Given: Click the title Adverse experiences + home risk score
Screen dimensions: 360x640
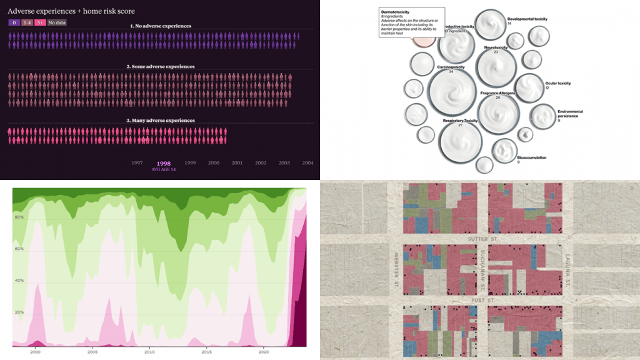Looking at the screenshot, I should (x=71, y=11).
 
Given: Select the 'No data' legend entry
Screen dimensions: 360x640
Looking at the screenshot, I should (x=57, y=22).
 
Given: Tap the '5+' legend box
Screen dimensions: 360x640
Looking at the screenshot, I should (x=40, y=22).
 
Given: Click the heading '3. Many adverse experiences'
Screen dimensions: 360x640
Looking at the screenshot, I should (x=161, y=120).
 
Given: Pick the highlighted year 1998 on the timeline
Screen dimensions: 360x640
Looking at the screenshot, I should (x=164, y=163).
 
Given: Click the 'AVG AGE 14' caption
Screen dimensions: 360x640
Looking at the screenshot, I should (x=164, y=169).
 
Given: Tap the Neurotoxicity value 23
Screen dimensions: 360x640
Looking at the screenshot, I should (x=496, y=52).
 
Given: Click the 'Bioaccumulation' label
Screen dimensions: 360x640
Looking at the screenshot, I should (x=532, y=157).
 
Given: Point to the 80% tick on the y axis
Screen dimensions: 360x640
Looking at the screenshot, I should (x=18, y=217).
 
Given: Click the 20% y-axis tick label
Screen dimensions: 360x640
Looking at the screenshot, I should (x=18, y=312).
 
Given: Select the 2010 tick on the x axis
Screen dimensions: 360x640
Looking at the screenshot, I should (x=149, y=352).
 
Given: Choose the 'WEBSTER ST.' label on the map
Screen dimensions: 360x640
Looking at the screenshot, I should (x=396, y=269).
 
